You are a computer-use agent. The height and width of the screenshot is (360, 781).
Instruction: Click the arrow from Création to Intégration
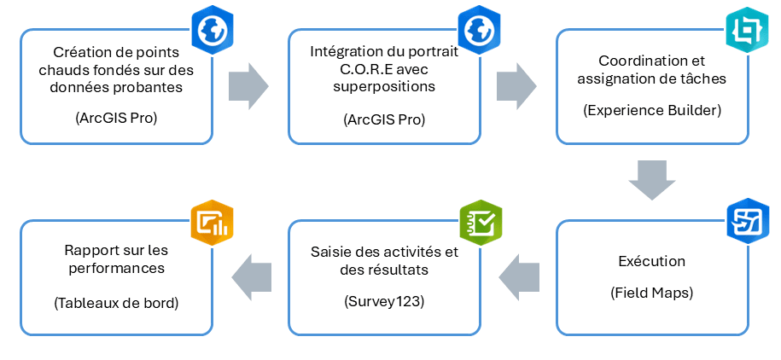coord(248,85)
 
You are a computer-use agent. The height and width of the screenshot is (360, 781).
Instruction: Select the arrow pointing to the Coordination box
coord(516,85)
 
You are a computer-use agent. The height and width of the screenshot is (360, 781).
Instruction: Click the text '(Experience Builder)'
coord(651,111)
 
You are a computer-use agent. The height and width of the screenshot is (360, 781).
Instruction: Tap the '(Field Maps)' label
coord(651,293)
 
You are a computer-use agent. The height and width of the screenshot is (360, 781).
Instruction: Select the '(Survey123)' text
coord(384,301)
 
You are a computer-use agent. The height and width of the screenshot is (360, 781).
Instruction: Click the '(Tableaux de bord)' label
coord(116,301)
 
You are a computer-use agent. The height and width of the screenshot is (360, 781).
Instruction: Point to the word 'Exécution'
coord(651,260)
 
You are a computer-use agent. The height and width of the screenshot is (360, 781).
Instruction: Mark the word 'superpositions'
coord(385,87)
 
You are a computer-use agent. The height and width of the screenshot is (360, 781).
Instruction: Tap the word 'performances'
coord(116,269)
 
